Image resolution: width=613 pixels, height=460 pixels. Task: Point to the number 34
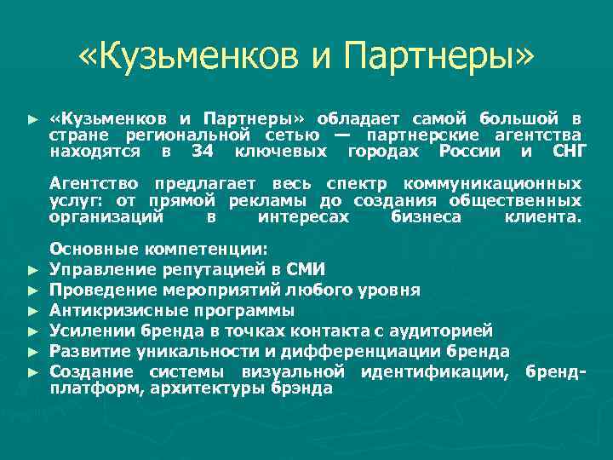point(201,152)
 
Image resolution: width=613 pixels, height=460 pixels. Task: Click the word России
point(470,152)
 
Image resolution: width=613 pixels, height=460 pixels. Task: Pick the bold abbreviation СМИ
point(306,270)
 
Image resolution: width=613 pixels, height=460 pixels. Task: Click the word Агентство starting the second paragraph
point(94,184)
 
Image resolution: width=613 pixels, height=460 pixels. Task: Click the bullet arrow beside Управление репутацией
point(32,271)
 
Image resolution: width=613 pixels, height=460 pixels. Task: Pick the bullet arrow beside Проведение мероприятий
point(32,290)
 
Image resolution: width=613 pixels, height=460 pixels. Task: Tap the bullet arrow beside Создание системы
point(32,371)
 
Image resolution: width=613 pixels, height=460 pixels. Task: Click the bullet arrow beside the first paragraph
point(32,118)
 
